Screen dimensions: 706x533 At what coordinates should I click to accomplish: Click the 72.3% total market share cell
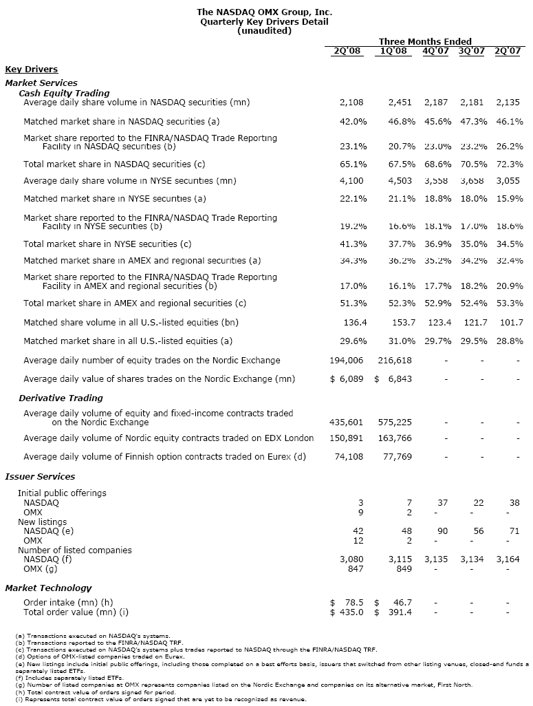click(509, 164)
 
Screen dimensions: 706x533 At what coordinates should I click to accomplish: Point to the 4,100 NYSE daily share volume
click(353, 181)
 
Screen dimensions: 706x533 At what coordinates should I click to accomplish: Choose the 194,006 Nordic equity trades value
click(347, 360)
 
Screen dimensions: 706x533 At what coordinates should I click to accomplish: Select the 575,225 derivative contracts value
click(397, 422)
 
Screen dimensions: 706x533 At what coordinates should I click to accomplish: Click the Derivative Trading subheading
click(61, 398)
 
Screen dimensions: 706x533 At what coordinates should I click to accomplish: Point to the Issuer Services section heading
click(40, 476)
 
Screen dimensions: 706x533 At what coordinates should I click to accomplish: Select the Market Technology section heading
click(48, 588)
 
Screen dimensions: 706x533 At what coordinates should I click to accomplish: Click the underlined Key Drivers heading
click(32, 69)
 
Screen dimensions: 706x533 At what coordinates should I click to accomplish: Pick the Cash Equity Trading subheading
click(64, 93)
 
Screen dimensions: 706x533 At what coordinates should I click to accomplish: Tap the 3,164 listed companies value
click(509, 559)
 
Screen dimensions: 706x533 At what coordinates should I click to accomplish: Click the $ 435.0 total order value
click(348, 612)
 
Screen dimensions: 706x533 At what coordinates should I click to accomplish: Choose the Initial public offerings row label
click(62, 493)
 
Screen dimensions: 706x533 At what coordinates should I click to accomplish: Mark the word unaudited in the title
click(264, 31)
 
